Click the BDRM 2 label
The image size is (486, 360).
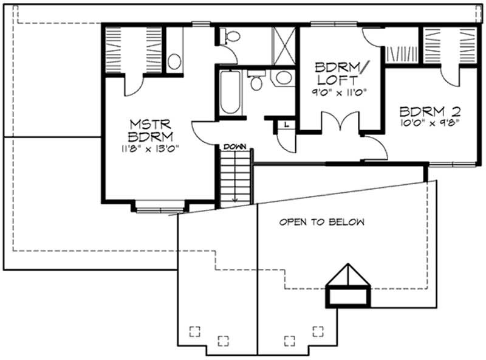point(430,112)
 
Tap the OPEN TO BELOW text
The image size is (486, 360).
point(322,223)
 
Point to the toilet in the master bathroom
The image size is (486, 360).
point(228,38)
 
